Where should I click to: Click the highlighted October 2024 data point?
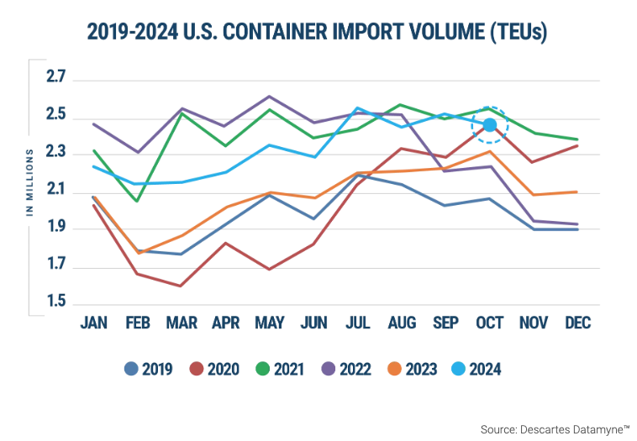point(490,124)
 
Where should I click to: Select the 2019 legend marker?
point(131,368)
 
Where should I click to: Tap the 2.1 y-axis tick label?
point(56,191)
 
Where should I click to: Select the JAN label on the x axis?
point(93,324)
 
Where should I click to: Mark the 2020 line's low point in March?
point(182,286)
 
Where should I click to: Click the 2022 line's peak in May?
point(269,97)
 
